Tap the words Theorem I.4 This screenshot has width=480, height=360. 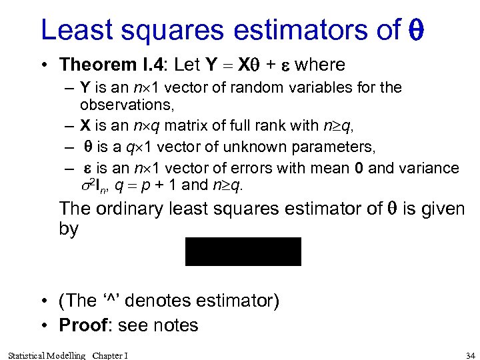(x=113, y=65)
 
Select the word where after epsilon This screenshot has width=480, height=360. (x=320, y=65)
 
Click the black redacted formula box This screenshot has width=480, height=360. (x=243, y=251)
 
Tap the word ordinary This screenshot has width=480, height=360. (x=131, y=209)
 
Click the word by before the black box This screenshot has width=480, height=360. (x=69, y=229)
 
